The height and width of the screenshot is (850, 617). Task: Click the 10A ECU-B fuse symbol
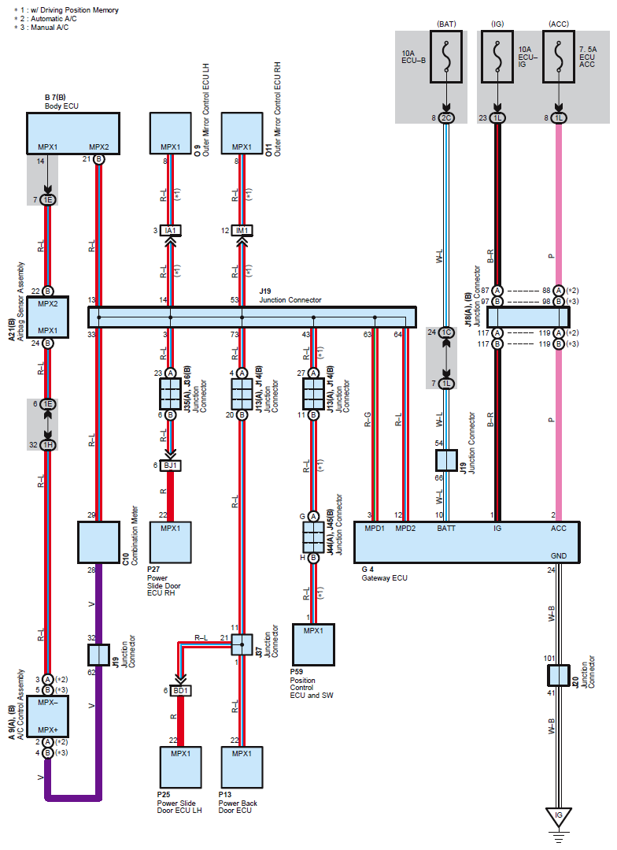pyautogui.click(x=445, y=57)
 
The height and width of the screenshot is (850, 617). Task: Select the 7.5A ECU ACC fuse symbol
pyautogui.click(x=559, y=57)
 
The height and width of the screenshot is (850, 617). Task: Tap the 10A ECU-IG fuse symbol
pyautogui.click(x=497, y=57)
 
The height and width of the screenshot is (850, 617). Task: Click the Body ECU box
pyautogui.click(x=73, y=133)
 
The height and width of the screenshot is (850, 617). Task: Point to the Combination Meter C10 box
pyautogui.click(x=98, y=542)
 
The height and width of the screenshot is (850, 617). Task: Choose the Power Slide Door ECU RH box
pyautogui.click(x=170, y=542)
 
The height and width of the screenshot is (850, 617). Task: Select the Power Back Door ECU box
pyautogui.click(x=242, y=767)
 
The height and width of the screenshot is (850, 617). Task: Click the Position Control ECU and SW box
pyautogui.click(x=313, y=644)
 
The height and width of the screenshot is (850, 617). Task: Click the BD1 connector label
pyautogui.click(x=180, y=691)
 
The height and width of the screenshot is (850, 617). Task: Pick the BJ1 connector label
pyautogui.click(x=170, y=465)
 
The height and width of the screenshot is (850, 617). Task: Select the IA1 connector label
pyautogui.click(x=170, y=230)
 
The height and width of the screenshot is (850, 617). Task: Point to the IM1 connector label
pyautogui.click(x=242, y=230)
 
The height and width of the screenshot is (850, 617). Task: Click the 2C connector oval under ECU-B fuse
pyautogui.click(x=445, y=117)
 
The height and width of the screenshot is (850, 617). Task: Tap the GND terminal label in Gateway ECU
pyautogui.click(x=559, y=555)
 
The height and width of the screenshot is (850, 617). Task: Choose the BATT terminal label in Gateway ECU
pyautogui.click(x=445, y=528)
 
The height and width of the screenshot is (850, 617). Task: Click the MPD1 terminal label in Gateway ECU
pyautogui.click(x=375, y=528)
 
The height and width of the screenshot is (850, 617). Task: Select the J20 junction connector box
pyautogui.click(x=559, y=675)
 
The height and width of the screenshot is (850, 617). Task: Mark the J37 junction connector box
pyautogui.click(x=242, y=644)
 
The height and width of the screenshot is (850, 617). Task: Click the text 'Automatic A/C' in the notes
pyautogui.click(x=54, y=18)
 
